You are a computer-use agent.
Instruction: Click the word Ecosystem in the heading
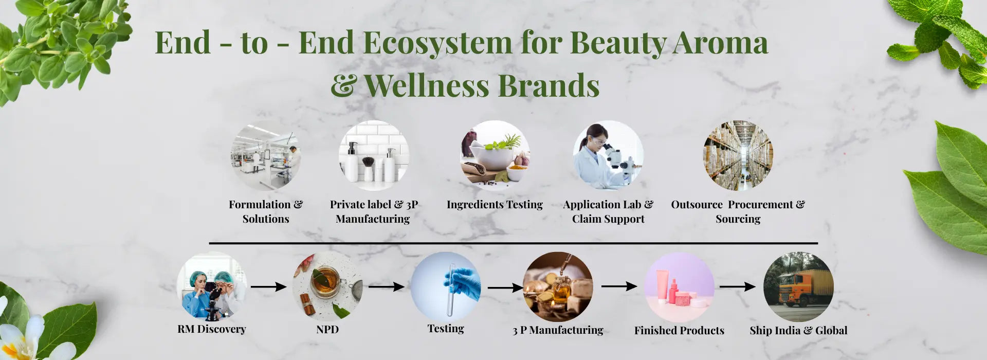click(x=437, y=43)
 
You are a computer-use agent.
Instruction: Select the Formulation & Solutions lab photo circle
click(x=266, y=156)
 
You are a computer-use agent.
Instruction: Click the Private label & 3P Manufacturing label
click(x=374, y=211)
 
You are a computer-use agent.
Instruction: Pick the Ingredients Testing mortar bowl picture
click(x=495, y=156)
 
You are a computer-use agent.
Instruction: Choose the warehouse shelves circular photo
click(x=738, y=156)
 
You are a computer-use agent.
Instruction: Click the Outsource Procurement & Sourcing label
click(x=738, y=211)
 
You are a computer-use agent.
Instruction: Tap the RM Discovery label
click(x=212, y=329)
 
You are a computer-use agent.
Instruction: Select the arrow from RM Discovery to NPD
click(x=268, y=286)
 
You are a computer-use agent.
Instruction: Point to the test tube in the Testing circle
click(x=451, y=290)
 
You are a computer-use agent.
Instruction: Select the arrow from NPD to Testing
click(x=386, y=286)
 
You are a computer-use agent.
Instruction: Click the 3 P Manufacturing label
click(x=558, y=330)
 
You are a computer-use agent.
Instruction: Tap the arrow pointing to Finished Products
click(x=619, y=286)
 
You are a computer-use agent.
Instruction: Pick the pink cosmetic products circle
click(x=679, y=287)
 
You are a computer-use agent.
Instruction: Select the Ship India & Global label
click(x=798, y=330)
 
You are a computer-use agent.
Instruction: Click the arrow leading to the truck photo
click(x=737, y=286)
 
